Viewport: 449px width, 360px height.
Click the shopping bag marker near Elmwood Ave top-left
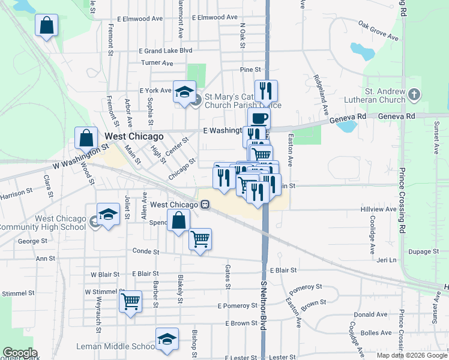47,26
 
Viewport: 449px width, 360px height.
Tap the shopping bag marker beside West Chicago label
86,137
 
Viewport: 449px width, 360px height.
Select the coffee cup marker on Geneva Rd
259,118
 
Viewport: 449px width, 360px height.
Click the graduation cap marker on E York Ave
184,91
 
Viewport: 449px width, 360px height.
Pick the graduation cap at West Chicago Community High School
108,214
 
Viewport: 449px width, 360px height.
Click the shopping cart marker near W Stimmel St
130,301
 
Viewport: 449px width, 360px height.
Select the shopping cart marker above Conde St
200,239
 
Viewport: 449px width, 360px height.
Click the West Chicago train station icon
205,205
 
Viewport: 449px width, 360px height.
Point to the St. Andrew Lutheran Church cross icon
414,94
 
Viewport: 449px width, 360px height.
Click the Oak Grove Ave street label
378,31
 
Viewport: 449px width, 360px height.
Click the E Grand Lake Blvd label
165,51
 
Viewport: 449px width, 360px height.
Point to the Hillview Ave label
379,209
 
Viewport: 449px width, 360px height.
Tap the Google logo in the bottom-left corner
19,353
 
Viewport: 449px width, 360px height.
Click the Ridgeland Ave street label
321,95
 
